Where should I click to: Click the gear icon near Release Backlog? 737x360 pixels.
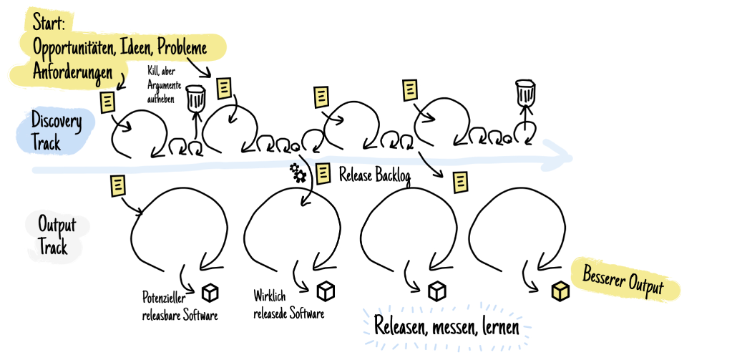coord(298,172)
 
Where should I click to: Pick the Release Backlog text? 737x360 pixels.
coord(375,175)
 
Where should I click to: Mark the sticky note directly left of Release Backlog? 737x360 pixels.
coord(323,172)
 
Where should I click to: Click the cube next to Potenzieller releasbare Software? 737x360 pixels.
coord(210,292)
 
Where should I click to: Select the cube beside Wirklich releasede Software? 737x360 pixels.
coord(326,290)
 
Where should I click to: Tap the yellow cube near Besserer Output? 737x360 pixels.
coord(560,291)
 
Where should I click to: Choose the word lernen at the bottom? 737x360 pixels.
coord(504,326)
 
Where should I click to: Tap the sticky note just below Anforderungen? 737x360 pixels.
coord(107,101)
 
